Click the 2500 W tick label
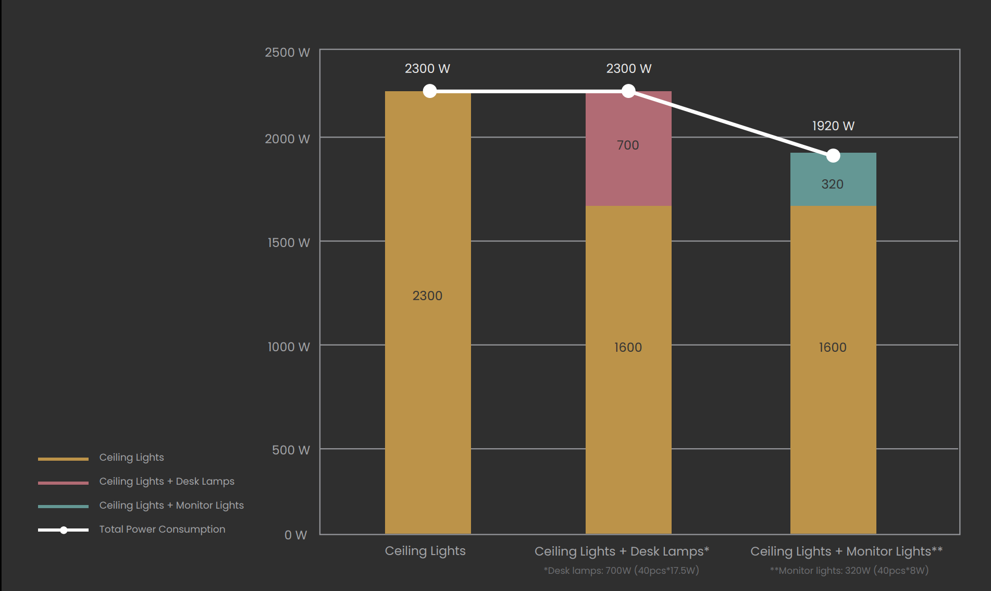(x=287, y=53)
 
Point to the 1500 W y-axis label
(x=289, y=243)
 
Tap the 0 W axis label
(x=295, y=535)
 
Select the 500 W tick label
(x=291, y=450)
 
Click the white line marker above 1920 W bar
(x=833, y=155)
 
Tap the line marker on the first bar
(x=430, y=91)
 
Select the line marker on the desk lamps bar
(x=628, y=91)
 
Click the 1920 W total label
(x=833, y=126)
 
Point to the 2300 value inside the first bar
(x=427, y=296)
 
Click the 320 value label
(x=832, y=184)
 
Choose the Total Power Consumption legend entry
(x=162, y=530)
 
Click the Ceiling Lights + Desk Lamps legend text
(x=167, y=482)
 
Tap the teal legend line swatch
(x=63, y=506)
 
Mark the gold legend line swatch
(x=63, y=459)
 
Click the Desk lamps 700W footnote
(x=621, y=571)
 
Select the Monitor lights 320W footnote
(x=849, y=571)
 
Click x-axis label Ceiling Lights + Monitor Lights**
(x=846, y=551)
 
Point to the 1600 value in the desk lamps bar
(x=628, y=348)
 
